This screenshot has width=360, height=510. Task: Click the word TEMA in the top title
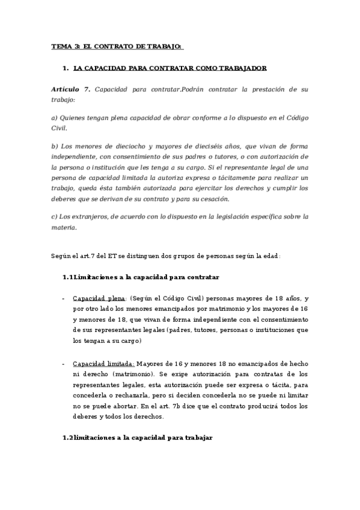[x=61, y=46]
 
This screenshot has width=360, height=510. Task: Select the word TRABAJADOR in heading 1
[x=240, y=69]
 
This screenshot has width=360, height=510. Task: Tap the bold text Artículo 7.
[x=71, y=89]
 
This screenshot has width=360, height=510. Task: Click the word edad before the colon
[x=270, y=256]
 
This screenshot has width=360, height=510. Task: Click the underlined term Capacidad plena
[x=99, y=298]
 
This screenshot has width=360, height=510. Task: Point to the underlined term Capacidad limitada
[x=103, y=364]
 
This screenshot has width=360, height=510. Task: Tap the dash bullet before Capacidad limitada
[x=64, y=364]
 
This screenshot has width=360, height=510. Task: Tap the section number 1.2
[x=67, y=437]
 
